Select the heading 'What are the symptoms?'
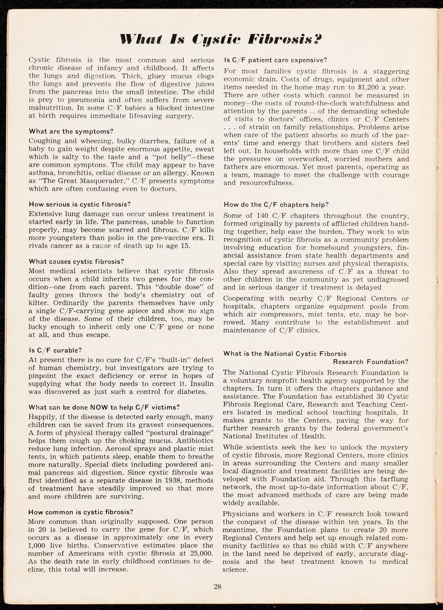(71, 131)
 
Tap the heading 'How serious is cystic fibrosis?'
(80, 204)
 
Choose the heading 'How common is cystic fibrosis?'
(81, 512)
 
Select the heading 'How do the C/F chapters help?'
(276, 205)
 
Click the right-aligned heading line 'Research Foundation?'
(371, 362)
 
